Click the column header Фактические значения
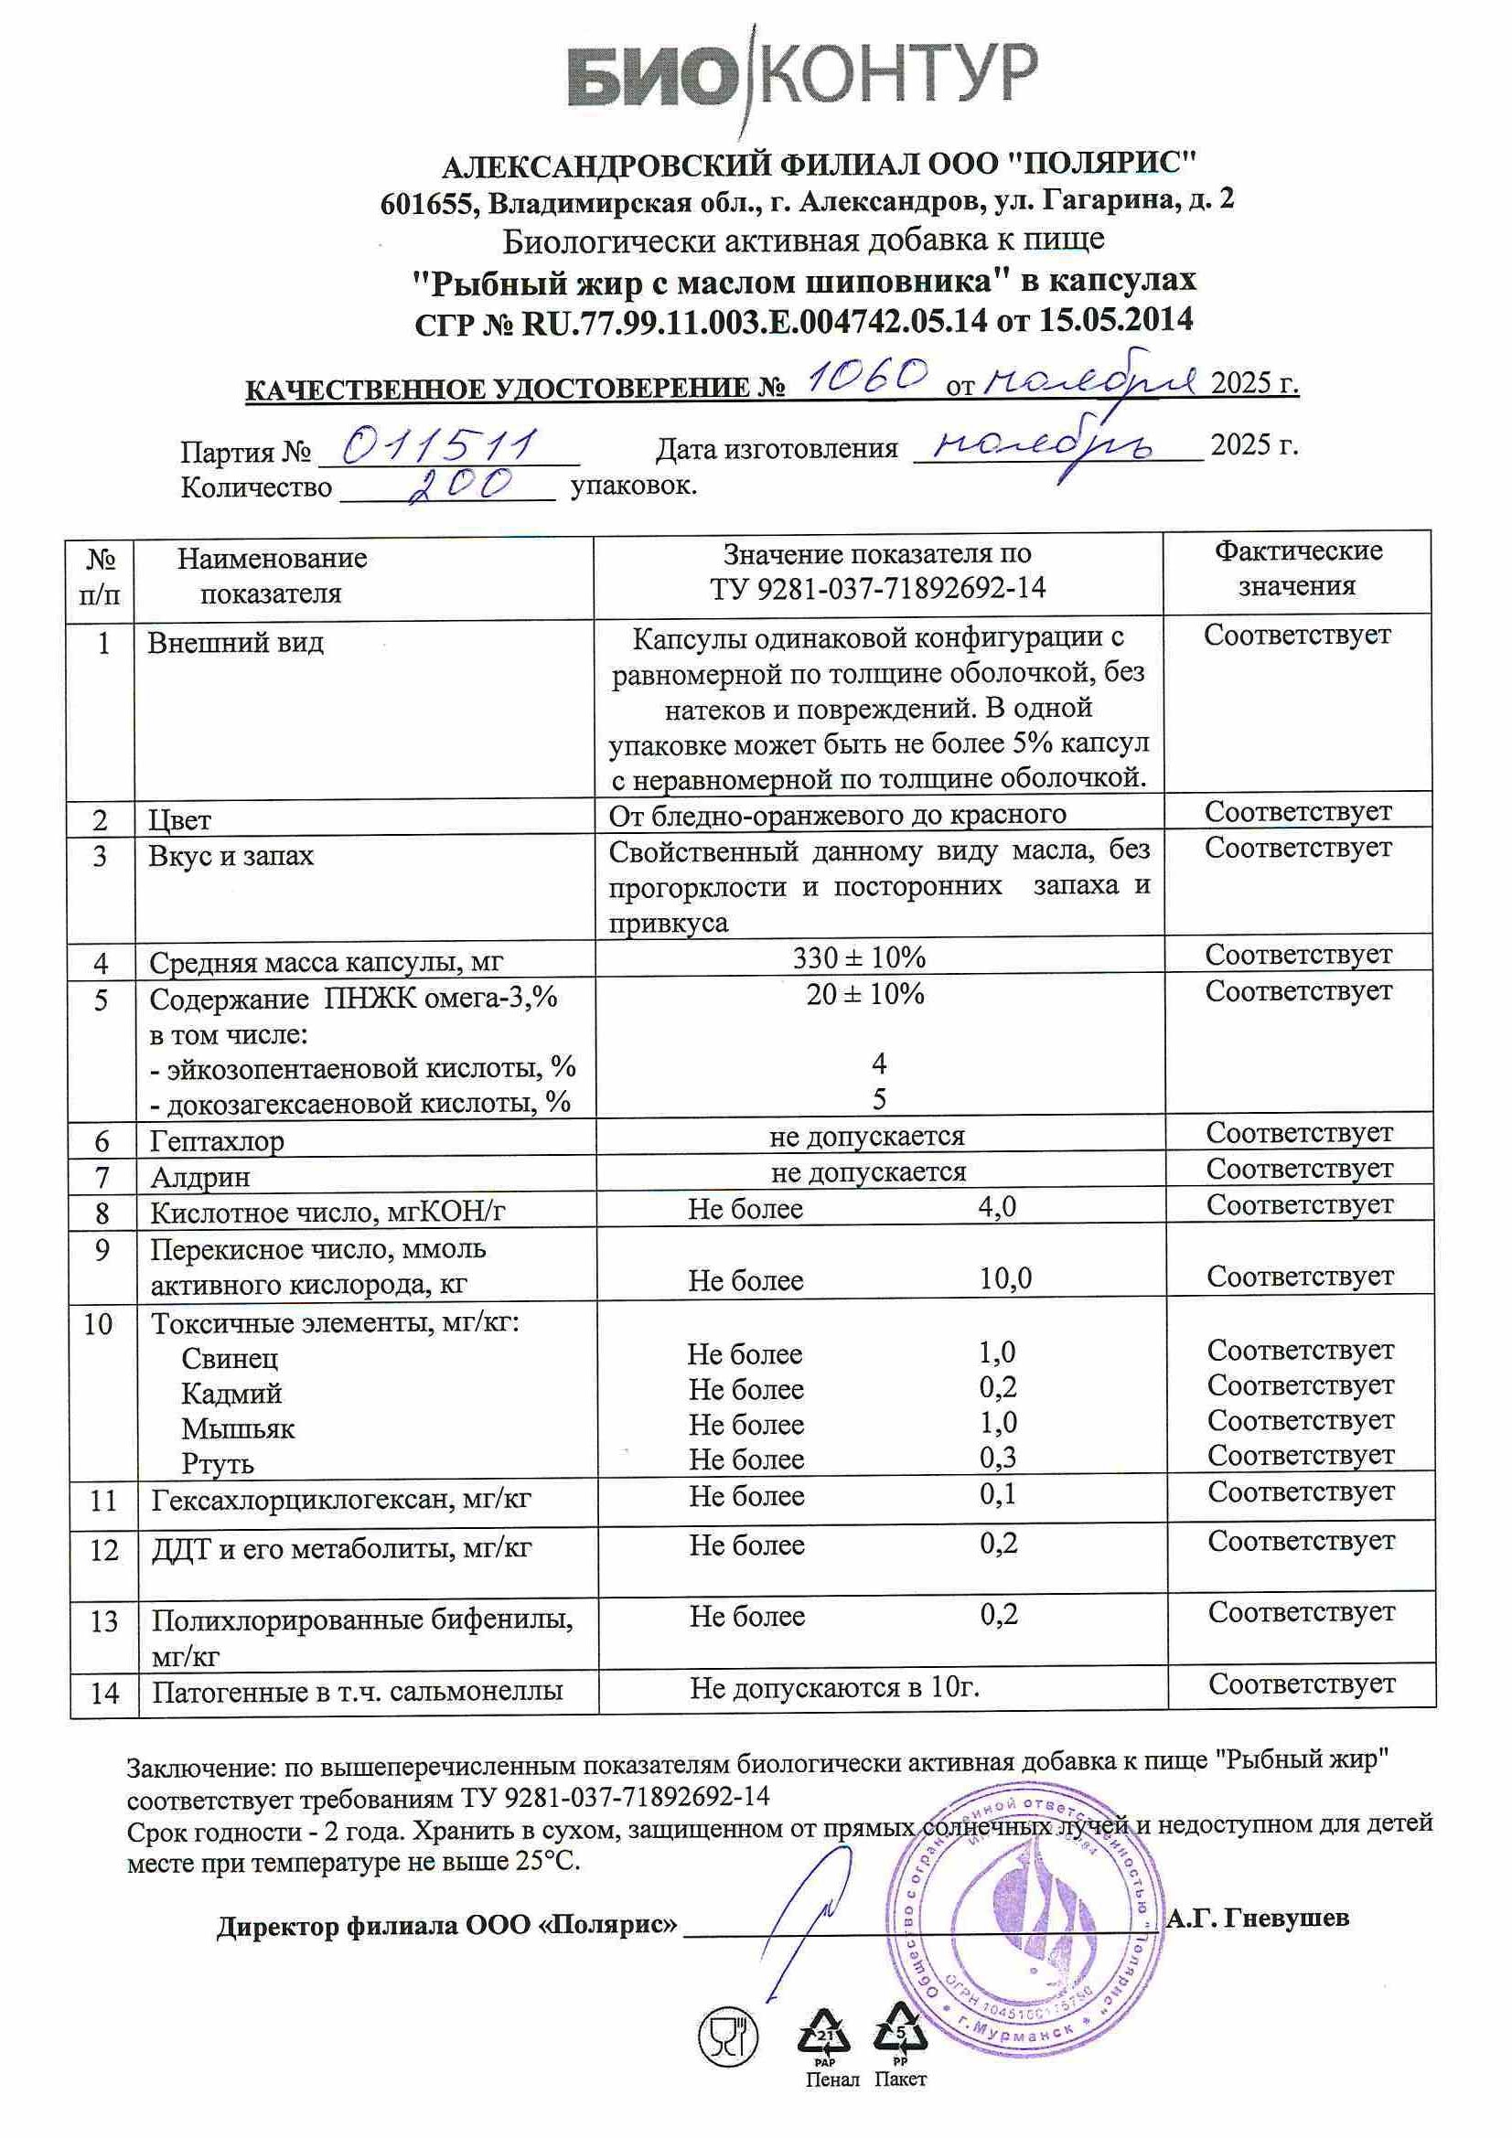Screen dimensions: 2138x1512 point(1297,568)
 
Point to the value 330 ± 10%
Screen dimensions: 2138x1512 point(859,957)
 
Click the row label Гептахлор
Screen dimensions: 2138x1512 point(217,1140)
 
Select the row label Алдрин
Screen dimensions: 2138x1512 point(200,1177)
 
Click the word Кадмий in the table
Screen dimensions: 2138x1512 point(231,1393)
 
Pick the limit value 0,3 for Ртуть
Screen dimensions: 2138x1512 point(998,1458)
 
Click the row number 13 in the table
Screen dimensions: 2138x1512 point(103,1621)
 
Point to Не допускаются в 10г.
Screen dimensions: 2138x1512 point(835,1686)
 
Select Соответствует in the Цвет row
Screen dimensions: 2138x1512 point(1298,811)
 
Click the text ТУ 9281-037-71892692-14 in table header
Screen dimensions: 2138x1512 point(877,589)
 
